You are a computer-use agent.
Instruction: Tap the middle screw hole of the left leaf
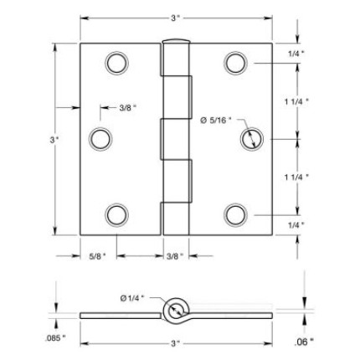tap(100, 137)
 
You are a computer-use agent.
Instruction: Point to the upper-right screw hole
tap(235, 63)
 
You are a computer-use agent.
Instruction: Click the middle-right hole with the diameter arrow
tap(250, 138)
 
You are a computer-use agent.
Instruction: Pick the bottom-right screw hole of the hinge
tap(235, 213)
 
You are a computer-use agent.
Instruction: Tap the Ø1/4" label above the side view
tap(133, 297)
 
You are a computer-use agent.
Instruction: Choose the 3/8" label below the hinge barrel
tap(174, 255)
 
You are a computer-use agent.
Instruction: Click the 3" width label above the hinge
tap(176, 17)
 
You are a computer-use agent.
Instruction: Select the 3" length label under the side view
tap(174, 342)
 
